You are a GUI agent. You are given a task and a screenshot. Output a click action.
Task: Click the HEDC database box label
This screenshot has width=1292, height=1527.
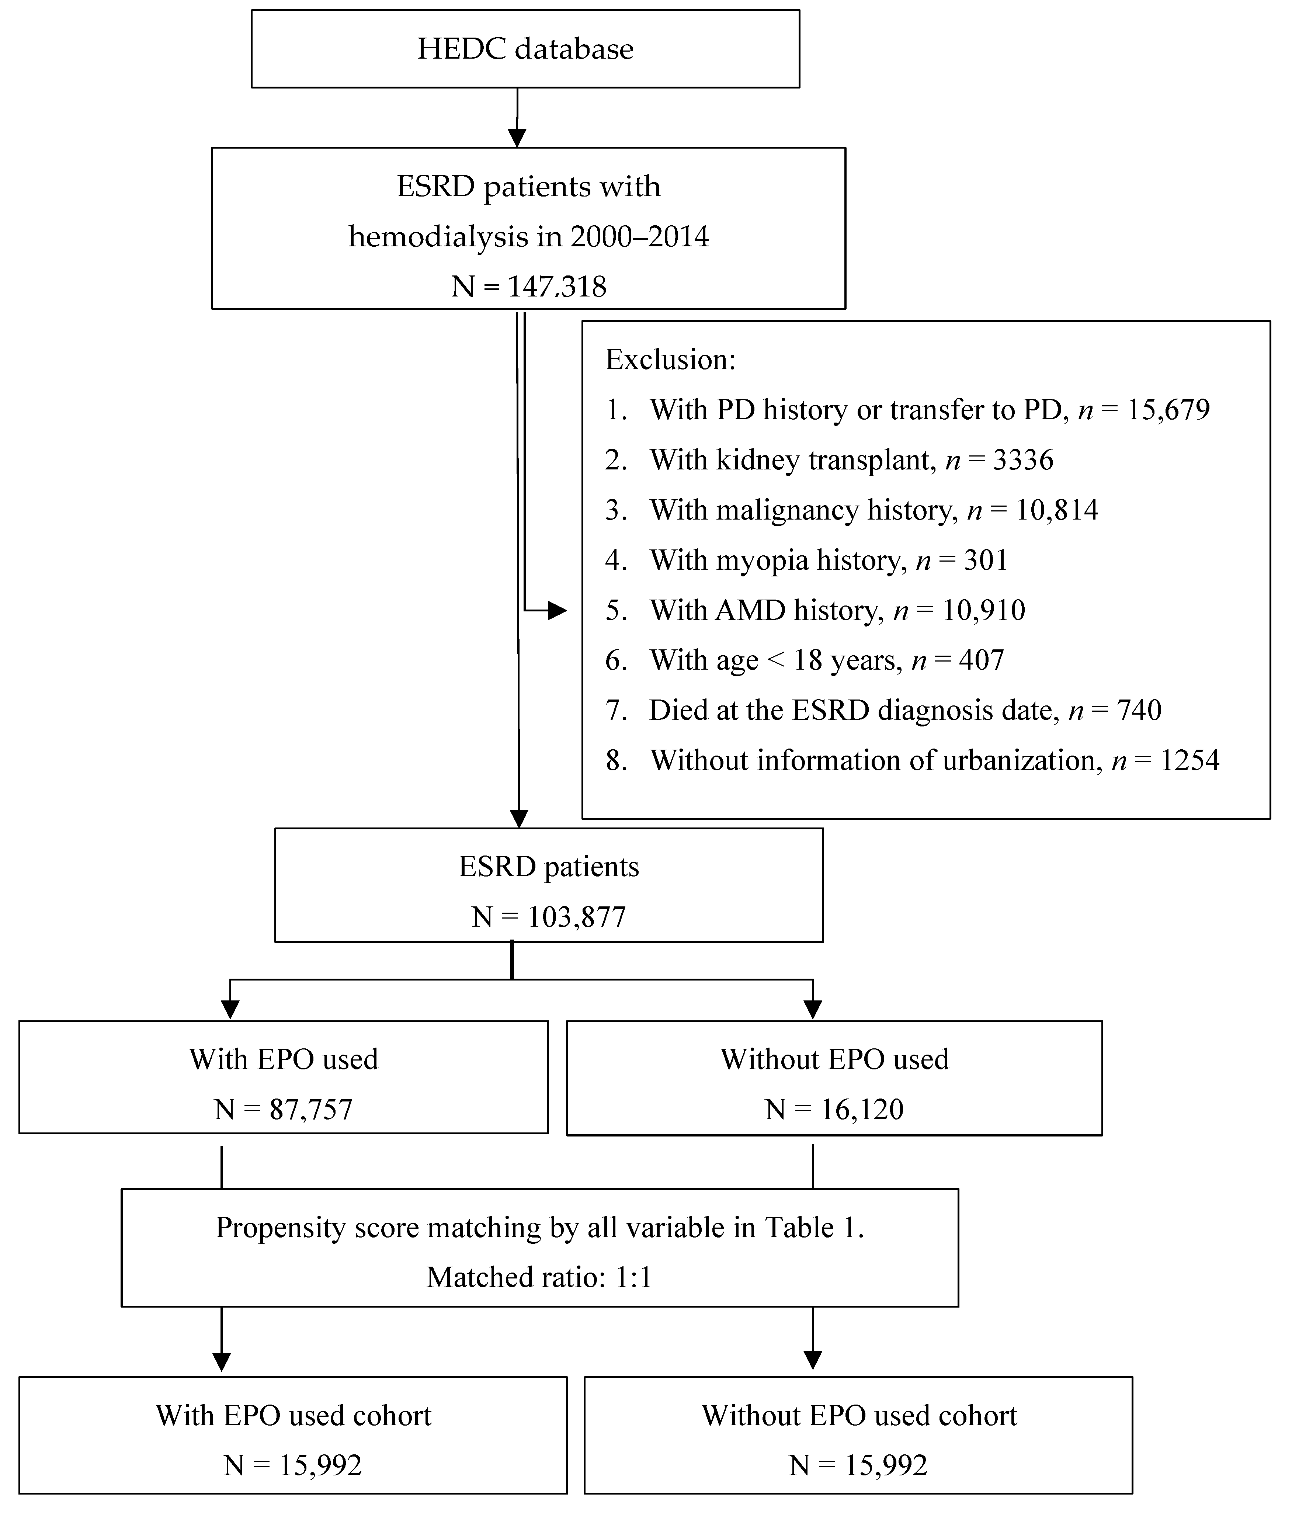tap(525, 49)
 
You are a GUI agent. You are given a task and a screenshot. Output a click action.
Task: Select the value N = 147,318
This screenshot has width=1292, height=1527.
tap(528, 287)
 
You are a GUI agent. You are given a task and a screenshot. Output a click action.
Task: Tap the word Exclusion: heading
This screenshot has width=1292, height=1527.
tap(670, 360)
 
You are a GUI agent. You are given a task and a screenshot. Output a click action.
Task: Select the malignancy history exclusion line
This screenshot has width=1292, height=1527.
tap(851, 510)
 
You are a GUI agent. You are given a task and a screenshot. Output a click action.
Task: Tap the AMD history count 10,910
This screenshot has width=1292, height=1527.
tap(983, 610)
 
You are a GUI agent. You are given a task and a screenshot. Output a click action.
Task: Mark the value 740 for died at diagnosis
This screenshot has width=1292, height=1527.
tap(1139, 711)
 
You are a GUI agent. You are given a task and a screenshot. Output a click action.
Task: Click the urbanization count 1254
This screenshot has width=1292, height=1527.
tap(1189, 761)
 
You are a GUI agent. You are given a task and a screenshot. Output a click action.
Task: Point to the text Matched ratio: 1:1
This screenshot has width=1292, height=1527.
tap(539, 1277)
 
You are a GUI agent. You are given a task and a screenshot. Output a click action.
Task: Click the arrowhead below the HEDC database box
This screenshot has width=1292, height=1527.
tap(517, 137)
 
